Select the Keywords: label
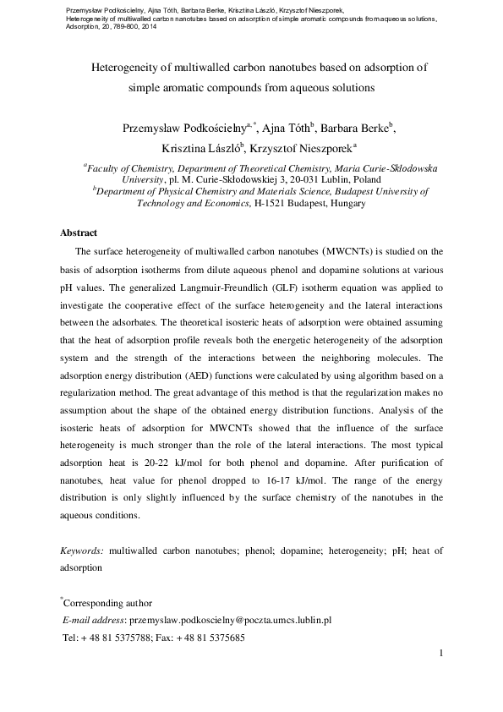coord(82,550)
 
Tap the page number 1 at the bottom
coord(441,654)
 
